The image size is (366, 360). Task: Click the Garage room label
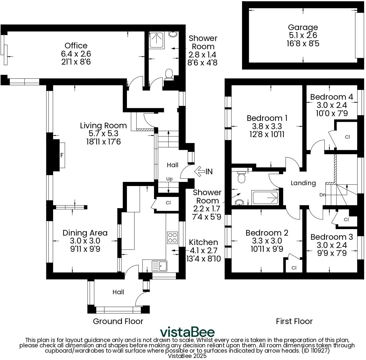coord(303,27)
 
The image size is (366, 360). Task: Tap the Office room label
coord(76,46)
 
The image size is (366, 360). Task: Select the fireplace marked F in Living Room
coord(62,155)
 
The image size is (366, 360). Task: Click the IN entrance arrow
coord(204,171)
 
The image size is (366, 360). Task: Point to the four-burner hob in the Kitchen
coord(172,238)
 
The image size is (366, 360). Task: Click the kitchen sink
coord(159,266)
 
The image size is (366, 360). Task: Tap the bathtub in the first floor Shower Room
coord(265,198)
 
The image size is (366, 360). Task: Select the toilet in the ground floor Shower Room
coord(169,74)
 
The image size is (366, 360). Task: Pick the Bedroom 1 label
coord(267,118)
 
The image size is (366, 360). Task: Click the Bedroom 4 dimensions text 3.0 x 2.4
coord(331,105)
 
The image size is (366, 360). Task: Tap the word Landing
coord(303,183)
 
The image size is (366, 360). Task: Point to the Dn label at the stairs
coord(322,195)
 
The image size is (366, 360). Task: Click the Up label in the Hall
coord(169,179)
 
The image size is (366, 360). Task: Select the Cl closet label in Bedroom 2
coord(294,268)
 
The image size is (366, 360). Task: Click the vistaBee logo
coord(187,332)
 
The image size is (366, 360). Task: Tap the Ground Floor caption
coord(118,321)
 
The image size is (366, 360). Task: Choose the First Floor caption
coord(294,321)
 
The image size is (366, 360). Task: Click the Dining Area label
coord(85,233)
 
